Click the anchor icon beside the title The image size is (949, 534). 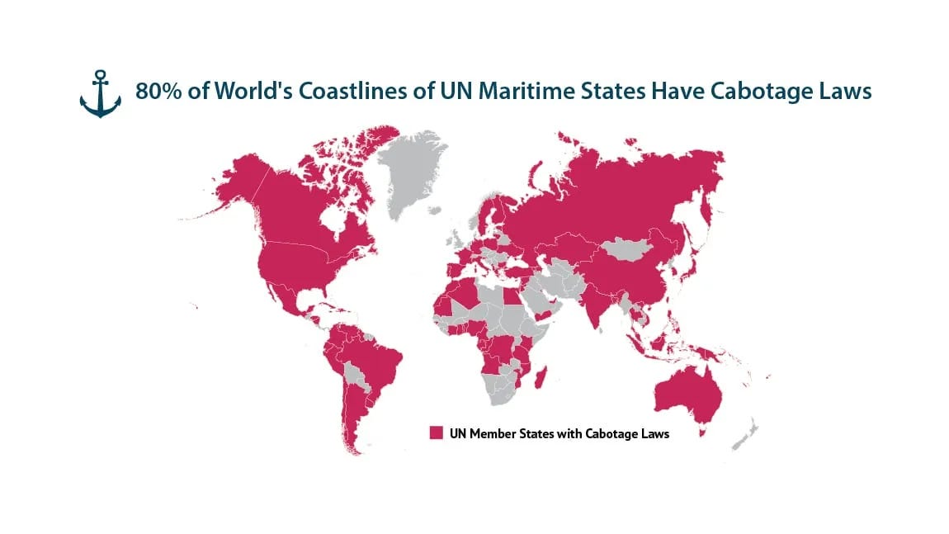point(100,93)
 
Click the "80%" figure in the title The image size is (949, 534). point(156,92)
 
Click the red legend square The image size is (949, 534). point(436,433)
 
